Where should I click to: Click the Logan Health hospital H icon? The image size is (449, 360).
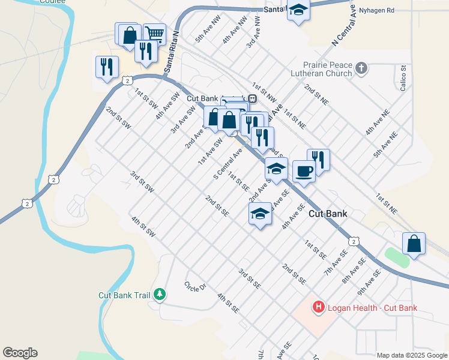point(318,308)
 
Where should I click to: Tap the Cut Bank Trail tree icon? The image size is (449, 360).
point(160,294)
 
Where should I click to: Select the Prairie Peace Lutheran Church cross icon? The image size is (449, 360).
point(361,67)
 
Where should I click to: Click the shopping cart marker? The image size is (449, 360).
point(155,34)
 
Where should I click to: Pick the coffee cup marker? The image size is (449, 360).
point(304,171)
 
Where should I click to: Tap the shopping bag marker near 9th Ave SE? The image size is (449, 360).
point(414,244)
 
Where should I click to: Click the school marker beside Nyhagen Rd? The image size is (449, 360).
point(298,11)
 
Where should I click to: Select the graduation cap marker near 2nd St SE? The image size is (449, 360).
point(260,214)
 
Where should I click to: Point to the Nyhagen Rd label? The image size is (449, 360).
point(378,10)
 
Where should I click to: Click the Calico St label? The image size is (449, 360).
point(403,77)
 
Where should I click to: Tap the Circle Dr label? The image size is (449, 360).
point(195,286)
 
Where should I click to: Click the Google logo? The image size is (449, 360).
point(20,353)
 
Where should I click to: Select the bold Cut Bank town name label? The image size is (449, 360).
point(328,214)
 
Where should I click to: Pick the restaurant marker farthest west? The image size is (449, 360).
point(107,66)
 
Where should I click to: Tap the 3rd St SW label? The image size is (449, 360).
point(143,182)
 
